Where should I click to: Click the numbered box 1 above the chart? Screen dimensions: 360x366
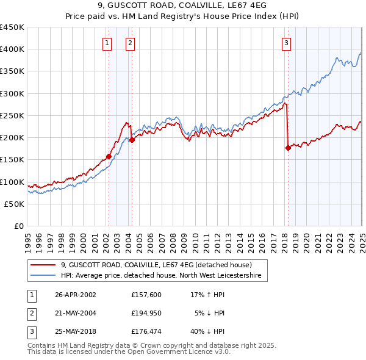(x=107, y=43)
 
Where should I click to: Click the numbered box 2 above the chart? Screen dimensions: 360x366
(x=131, y=43)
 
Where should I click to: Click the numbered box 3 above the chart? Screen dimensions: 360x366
(x=286, y=43)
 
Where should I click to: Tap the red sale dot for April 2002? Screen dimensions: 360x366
(x=109, y=156)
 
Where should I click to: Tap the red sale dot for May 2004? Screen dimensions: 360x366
(x=132, y=140)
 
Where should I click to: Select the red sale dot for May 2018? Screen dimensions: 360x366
(x=288, y=148)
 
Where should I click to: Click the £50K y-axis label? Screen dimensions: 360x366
(x=15, y=204)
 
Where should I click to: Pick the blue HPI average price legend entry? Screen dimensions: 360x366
(x=160, y=276)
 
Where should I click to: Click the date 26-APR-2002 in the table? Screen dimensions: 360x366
(x=75, y=295)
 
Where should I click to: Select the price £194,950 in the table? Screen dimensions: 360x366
(x=145, y=313)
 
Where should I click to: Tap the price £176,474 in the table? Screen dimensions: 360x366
(x=145, y=331)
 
